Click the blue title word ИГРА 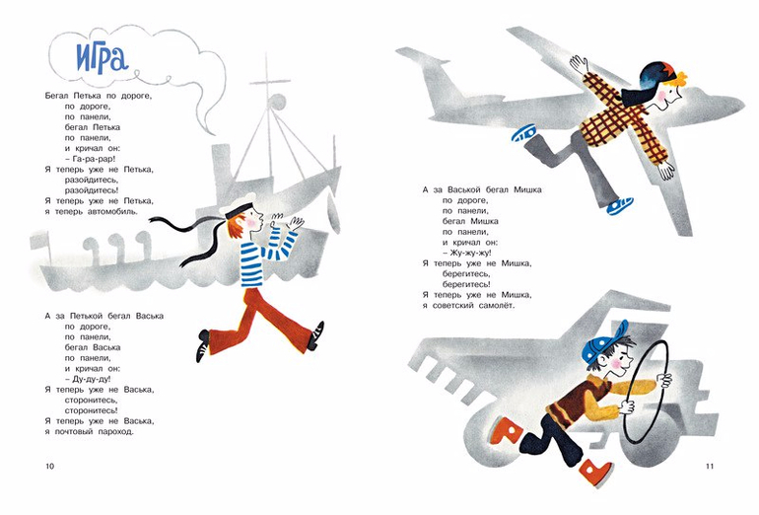102,57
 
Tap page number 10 50,467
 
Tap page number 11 710,467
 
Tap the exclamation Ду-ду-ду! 88,380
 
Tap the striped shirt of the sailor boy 261,257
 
